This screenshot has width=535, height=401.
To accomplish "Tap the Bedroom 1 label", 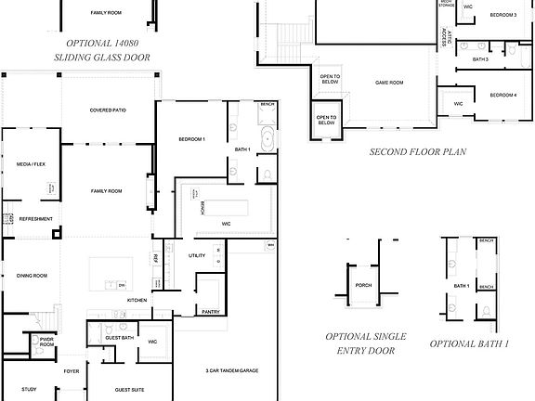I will coord(192,139).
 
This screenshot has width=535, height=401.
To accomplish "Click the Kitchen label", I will coord(137,300).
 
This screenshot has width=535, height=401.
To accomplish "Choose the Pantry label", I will coord(211,312).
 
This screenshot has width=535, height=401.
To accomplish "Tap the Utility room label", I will coord(197,255).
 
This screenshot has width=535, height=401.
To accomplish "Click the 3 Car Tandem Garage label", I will coord(231,371).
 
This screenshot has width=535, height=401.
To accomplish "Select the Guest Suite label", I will coord(129,391).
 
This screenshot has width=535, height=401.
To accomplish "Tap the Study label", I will coord(29,390).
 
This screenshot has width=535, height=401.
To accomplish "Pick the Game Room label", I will coord(388,83).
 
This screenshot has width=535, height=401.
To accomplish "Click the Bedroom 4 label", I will coord(502,95).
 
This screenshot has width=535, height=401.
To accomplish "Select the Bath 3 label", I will coord(480,59).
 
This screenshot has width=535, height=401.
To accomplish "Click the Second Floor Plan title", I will coord(418,151).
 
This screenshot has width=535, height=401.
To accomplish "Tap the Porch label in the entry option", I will coord(363,285).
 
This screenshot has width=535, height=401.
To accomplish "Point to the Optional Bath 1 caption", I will coord(469,344).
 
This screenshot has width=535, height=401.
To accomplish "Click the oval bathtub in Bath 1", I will coord(267,142).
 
